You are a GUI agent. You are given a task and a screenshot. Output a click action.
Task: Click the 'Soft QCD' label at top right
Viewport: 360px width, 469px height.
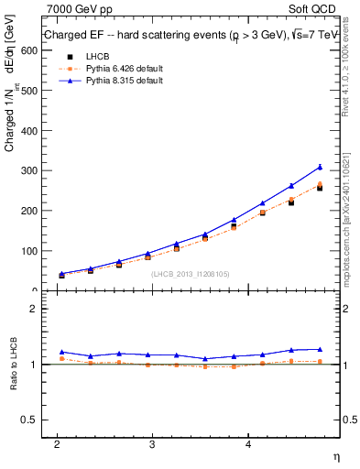(312, 9)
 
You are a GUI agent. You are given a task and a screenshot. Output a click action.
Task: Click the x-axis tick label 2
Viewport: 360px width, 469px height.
(57, 443)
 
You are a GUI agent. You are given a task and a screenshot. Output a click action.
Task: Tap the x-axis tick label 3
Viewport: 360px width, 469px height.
(152, 443)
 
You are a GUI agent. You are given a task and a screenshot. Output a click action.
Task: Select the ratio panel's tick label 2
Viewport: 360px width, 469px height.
(33, 309)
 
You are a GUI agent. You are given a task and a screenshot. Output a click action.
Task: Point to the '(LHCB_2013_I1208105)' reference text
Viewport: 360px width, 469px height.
(190, 273)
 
